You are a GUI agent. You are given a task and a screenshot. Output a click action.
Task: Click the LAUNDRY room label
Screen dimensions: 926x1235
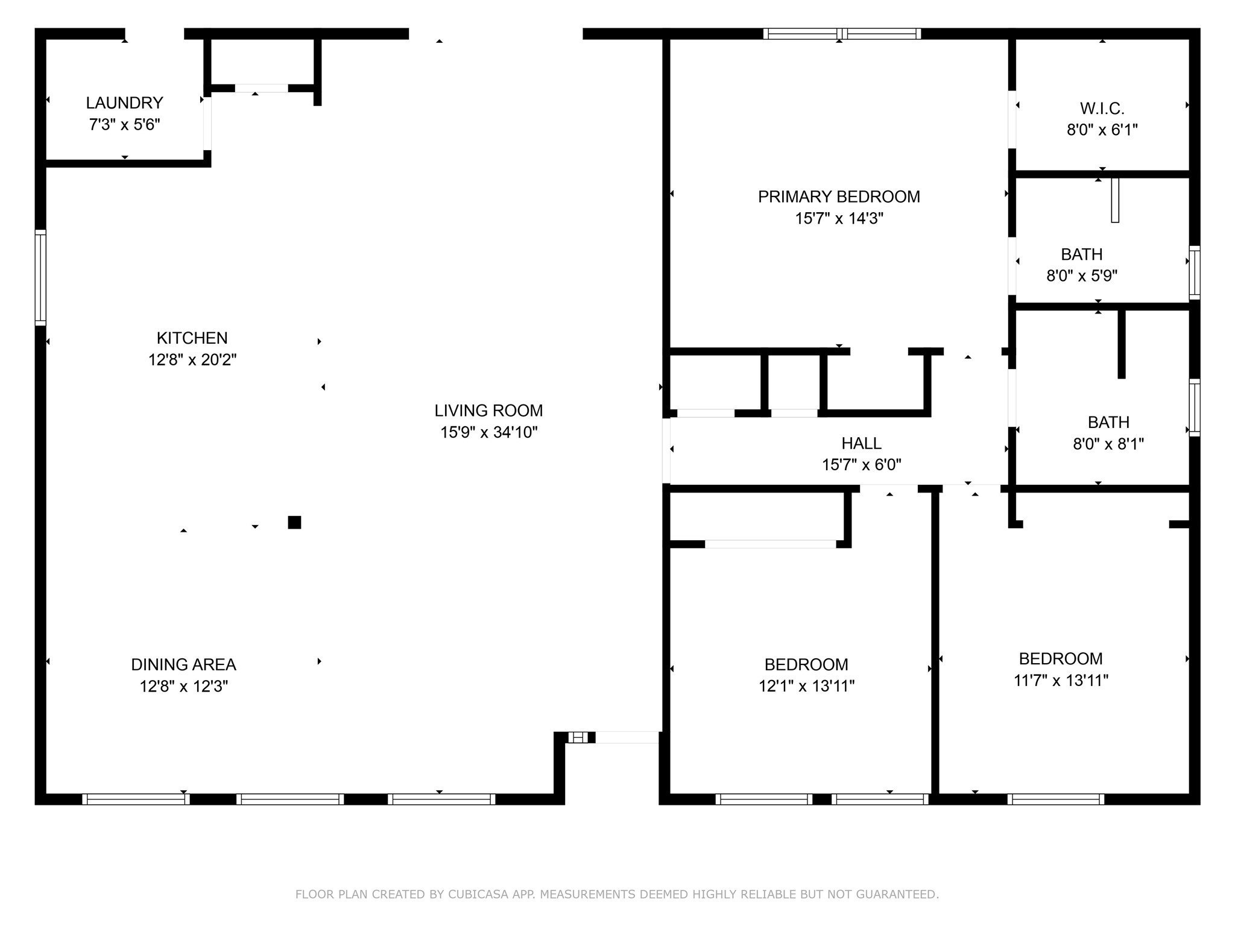(x=124, y=103)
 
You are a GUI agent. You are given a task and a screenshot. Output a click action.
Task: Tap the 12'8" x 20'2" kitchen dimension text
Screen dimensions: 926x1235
(x=192, y=360)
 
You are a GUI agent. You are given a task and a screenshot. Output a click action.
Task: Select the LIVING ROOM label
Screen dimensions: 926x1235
(x=488, y=411)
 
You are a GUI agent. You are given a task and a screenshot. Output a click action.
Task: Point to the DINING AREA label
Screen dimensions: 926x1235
(x=183, y=664)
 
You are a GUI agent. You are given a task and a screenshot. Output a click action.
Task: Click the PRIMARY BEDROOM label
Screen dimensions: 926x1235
(x=839, y=197)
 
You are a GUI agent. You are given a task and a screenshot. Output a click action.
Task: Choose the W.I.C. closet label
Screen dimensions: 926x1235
(x=1102, y=109)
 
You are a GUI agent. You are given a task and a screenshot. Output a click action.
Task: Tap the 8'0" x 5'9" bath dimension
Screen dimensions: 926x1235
(x=1082, y=276)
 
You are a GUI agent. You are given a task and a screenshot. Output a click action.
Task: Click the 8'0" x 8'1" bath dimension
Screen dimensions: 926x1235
(x=1108, y=444)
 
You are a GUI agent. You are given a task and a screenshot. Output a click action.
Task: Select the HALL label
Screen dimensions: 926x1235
(x=861, y=443)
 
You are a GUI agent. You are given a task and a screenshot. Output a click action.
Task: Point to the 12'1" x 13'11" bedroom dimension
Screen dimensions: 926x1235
(x=806, y=686)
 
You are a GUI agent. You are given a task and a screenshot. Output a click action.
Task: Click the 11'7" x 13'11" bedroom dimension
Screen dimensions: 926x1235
(x=1061, y=681)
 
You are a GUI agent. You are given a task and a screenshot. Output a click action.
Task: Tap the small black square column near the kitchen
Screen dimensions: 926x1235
(x=294, y=522)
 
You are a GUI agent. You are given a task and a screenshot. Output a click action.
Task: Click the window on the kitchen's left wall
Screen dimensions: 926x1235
(x=40, y=277)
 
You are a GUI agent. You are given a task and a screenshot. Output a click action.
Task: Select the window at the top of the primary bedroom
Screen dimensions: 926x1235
(x=842, y=34)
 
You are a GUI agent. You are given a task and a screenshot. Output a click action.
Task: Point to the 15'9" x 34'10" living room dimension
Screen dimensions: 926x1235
(x=488, y=432)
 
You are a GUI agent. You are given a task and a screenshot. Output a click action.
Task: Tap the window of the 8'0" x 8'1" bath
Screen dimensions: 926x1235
(x=1194, y=407)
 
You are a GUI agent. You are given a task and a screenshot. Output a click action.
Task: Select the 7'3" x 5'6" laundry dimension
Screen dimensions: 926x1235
(x=124, y=125)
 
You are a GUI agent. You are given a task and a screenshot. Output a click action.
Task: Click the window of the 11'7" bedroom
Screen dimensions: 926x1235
(x=1055, y=799)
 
